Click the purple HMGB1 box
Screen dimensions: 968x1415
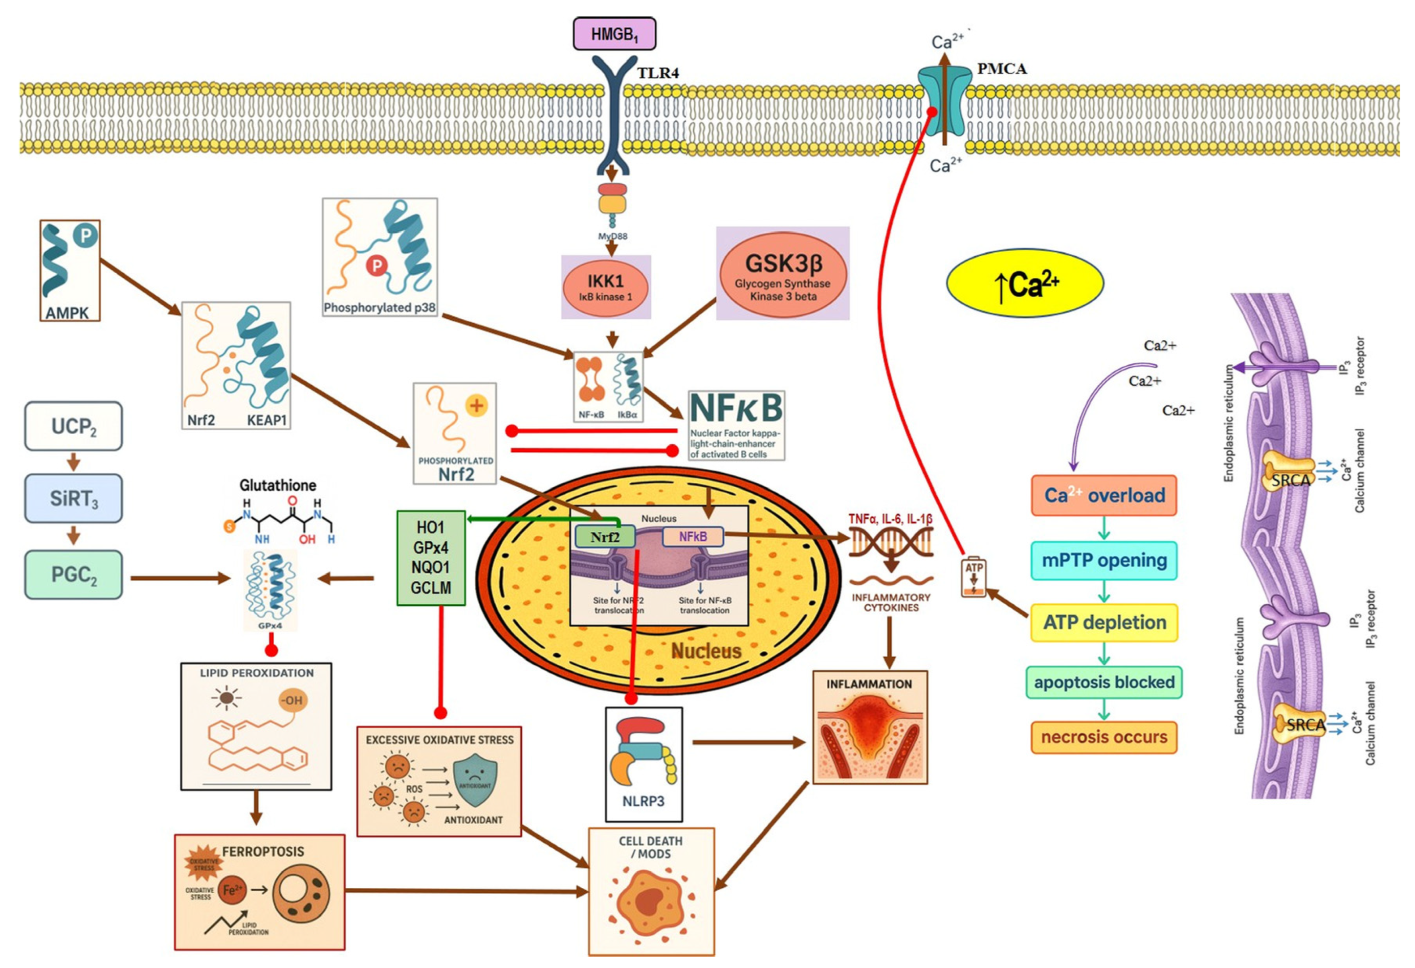614,33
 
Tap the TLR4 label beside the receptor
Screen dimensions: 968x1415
658,73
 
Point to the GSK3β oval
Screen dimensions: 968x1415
783,273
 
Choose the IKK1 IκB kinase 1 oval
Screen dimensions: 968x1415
605,287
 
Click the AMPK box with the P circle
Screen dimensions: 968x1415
69,270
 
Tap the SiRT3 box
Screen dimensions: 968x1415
74,498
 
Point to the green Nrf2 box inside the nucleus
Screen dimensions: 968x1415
605,536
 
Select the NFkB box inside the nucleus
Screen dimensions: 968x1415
693,536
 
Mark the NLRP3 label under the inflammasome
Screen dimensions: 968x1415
643,801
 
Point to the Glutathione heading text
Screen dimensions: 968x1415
278,485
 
